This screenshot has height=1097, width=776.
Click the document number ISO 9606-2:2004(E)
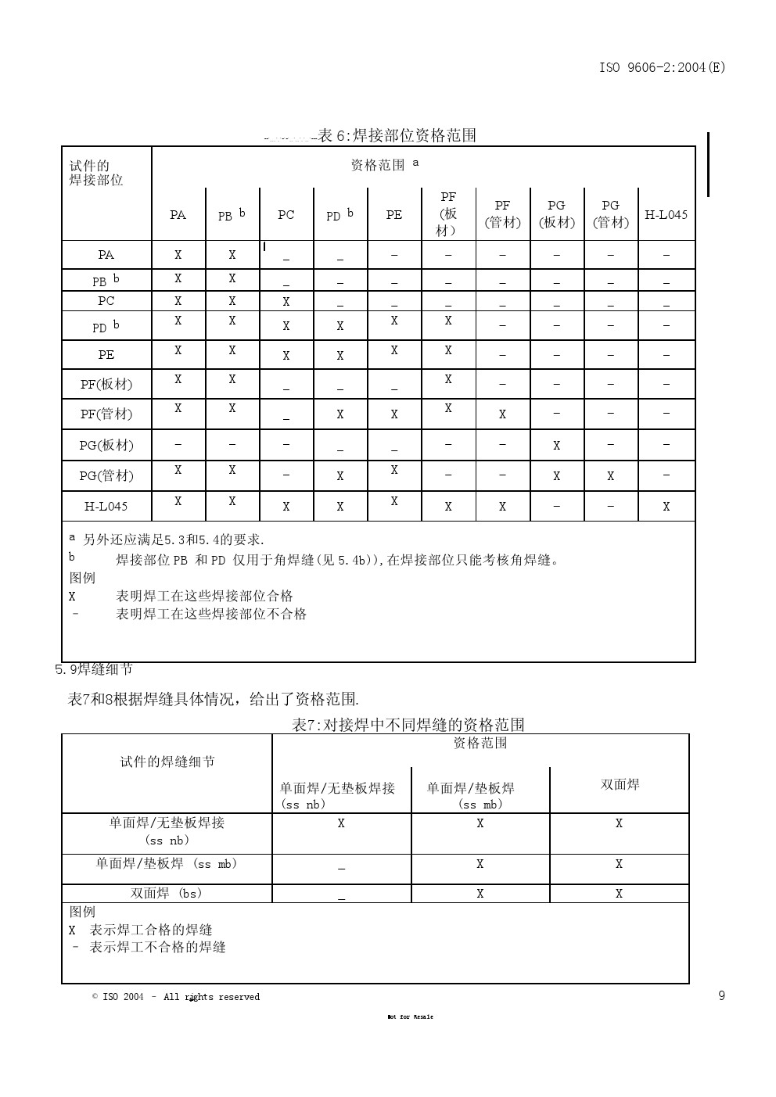(x=662, y=67)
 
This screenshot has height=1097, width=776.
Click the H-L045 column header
(x=666, y=214)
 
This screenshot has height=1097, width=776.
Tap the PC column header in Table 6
(x=286, y=214)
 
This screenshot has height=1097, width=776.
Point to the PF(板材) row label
(x=106, y=384)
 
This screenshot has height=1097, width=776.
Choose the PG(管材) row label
(x=106, y=475)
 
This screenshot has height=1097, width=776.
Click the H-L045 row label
(x=106, y=506)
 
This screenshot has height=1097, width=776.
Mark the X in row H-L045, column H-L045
(x=666, y=507)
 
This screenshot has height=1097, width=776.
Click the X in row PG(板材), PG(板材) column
(x=556, y=446)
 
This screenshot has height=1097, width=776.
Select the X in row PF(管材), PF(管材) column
(x=502, y=414)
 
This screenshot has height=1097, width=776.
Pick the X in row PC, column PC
(x=286, y=302)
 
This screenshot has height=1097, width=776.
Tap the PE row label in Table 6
(x=106, y=355)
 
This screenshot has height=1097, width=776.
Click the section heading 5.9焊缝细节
(x=94, y=669)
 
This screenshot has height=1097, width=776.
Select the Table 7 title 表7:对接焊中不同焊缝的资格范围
(x=408, y=725)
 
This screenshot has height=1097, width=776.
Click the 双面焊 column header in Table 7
(x=620, y=784)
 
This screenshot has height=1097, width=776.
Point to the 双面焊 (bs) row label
(x=167, y=894)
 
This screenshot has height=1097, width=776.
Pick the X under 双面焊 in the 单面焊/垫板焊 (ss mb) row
(x=619, y=864)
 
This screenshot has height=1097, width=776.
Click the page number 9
(x=721, y=995)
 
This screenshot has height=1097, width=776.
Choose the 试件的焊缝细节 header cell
(x=167, y=762)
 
